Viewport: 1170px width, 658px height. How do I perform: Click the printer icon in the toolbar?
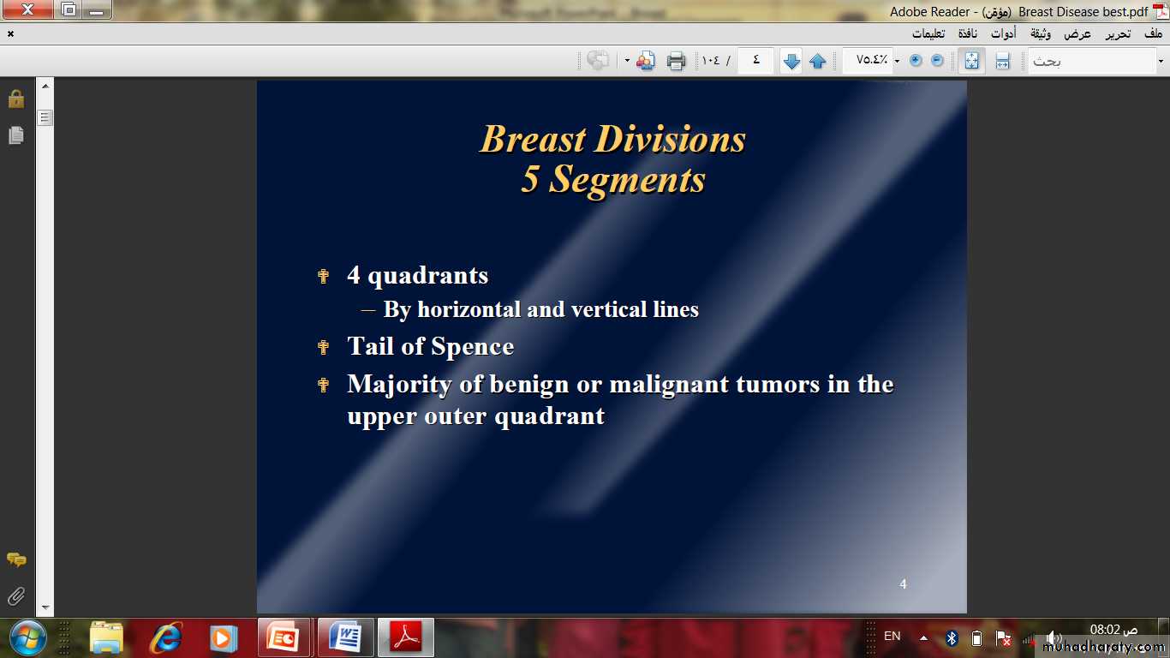[x=676, y=61]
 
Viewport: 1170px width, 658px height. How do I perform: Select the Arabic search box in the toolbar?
[x=1092, y=61]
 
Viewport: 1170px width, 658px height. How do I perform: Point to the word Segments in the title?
[x=627, y=179]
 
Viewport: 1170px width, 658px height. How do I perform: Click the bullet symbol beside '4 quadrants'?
[x=323, y=276]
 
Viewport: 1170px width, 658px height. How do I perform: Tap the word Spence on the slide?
[x=473, y=346]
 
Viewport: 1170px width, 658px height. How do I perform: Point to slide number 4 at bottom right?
[x=903, y=584]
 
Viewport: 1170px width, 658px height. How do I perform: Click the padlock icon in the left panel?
[x=16, y=99]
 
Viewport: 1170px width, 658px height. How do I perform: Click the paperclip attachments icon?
[x=16, y=595]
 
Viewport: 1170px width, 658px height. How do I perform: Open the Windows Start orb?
[x=27, y=638]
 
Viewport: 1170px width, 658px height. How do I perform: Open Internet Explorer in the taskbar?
[x=167, y=638]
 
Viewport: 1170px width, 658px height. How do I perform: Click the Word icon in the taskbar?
[x=346, y=637]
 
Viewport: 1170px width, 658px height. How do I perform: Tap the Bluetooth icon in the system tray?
[x=952, y=637]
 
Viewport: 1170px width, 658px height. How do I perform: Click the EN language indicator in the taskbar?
[x=892, y=636]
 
